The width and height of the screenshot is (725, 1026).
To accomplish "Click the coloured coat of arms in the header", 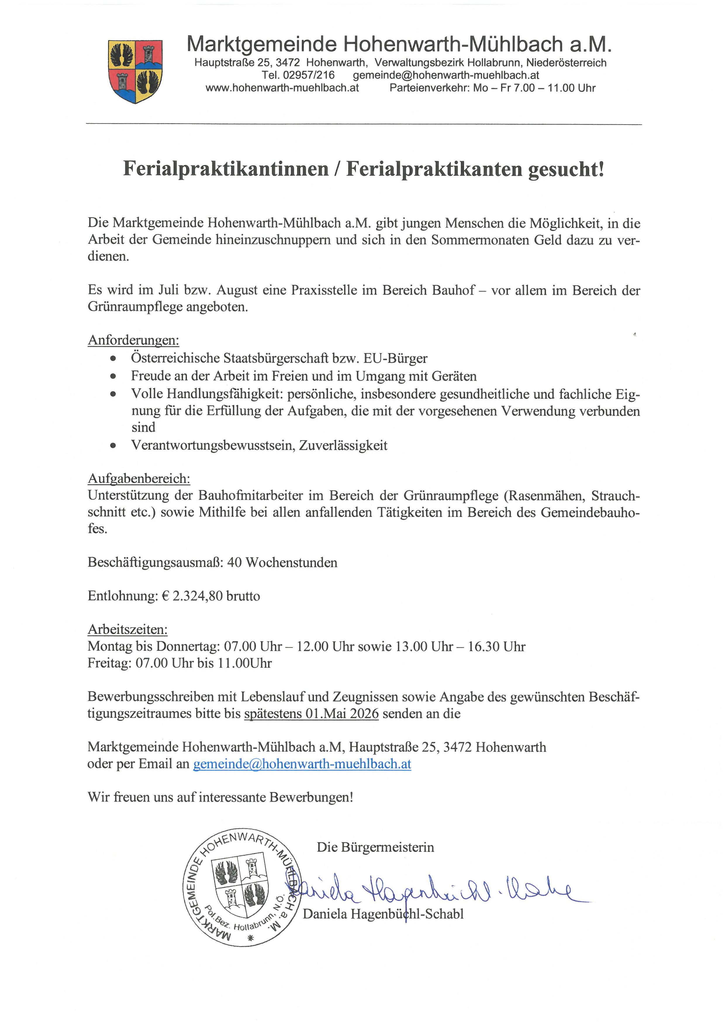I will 135,71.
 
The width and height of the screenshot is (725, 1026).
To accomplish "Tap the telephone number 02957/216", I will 308,75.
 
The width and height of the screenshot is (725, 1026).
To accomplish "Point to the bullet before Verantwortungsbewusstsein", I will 113,446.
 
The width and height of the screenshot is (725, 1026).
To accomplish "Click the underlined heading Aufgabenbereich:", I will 139,479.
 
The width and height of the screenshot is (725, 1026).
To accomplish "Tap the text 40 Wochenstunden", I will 282,562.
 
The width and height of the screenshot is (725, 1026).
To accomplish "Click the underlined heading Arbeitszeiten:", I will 128,630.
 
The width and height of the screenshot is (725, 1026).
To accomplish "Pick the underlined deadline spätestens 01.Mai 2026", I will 311,714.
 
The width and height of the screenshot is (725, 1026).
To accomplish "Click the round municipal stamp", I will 241,887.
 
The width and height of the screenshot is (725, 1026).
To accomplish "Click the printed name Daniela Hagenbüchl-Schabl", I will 383,914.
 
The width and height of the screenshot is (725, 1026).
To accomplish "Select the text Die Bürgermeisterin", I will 375,847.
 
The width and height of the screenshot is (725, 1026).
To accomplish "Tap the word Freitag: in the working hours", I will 109,663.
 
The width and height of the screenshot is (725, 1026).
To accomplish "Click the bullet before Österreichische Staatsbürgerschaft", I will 113,358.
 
